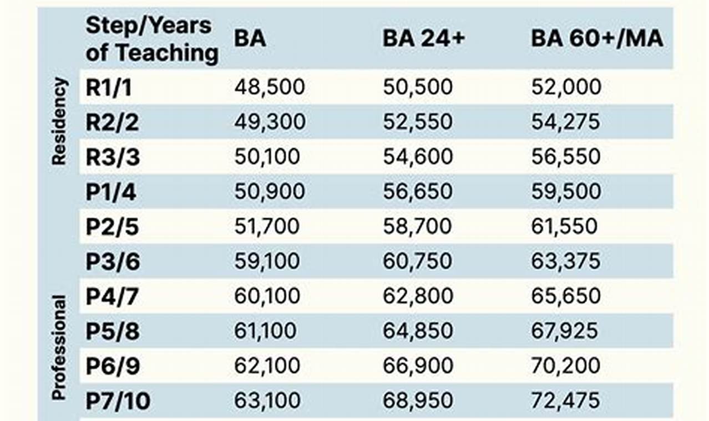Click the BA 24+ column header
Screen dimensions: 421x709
[423, 39]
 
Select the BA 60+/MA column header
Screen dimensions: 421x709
[597, 39]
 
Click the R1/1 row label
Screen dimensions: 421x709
[109, 88]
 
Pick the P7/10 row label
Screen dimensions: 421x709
[118, 401]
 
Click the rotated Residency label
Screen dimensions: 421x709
[59, 121]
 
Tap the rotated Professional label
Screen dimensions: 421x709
[59, 348]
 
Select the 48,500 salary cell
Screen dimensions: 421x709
[270, 88]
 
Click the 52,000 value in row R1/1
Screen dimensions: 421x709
[566, 88]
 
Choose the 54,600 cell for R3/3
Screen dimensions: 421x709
[418, 157]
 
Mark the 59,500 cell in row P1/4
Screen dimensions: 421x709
[566, 192]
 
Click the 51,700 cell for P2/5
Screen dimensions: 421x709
[267, 226]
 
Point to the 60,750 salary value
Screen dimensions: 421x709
[418, 261]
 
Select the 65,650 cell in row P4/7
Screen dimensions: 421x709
[566, 296]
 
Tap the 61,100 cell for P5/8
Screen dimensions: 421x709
[265, 331]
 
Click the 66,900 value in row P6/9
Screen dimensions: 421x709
[418, 366]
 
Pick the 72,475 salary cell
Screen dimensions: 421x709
[566, 401]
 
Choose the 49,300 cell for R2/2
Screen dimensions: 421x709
[270, 122]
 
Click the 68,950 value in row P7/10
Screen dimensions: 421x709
[418, 401]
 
